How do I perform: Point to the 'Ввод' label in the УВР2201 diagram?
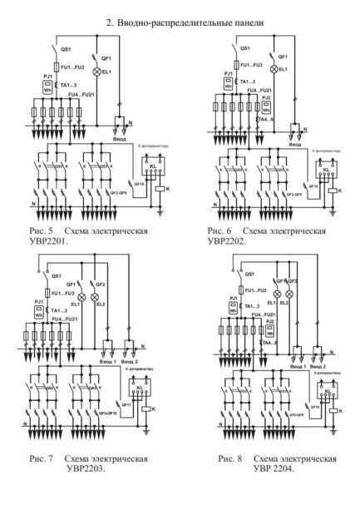(121, 140)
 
